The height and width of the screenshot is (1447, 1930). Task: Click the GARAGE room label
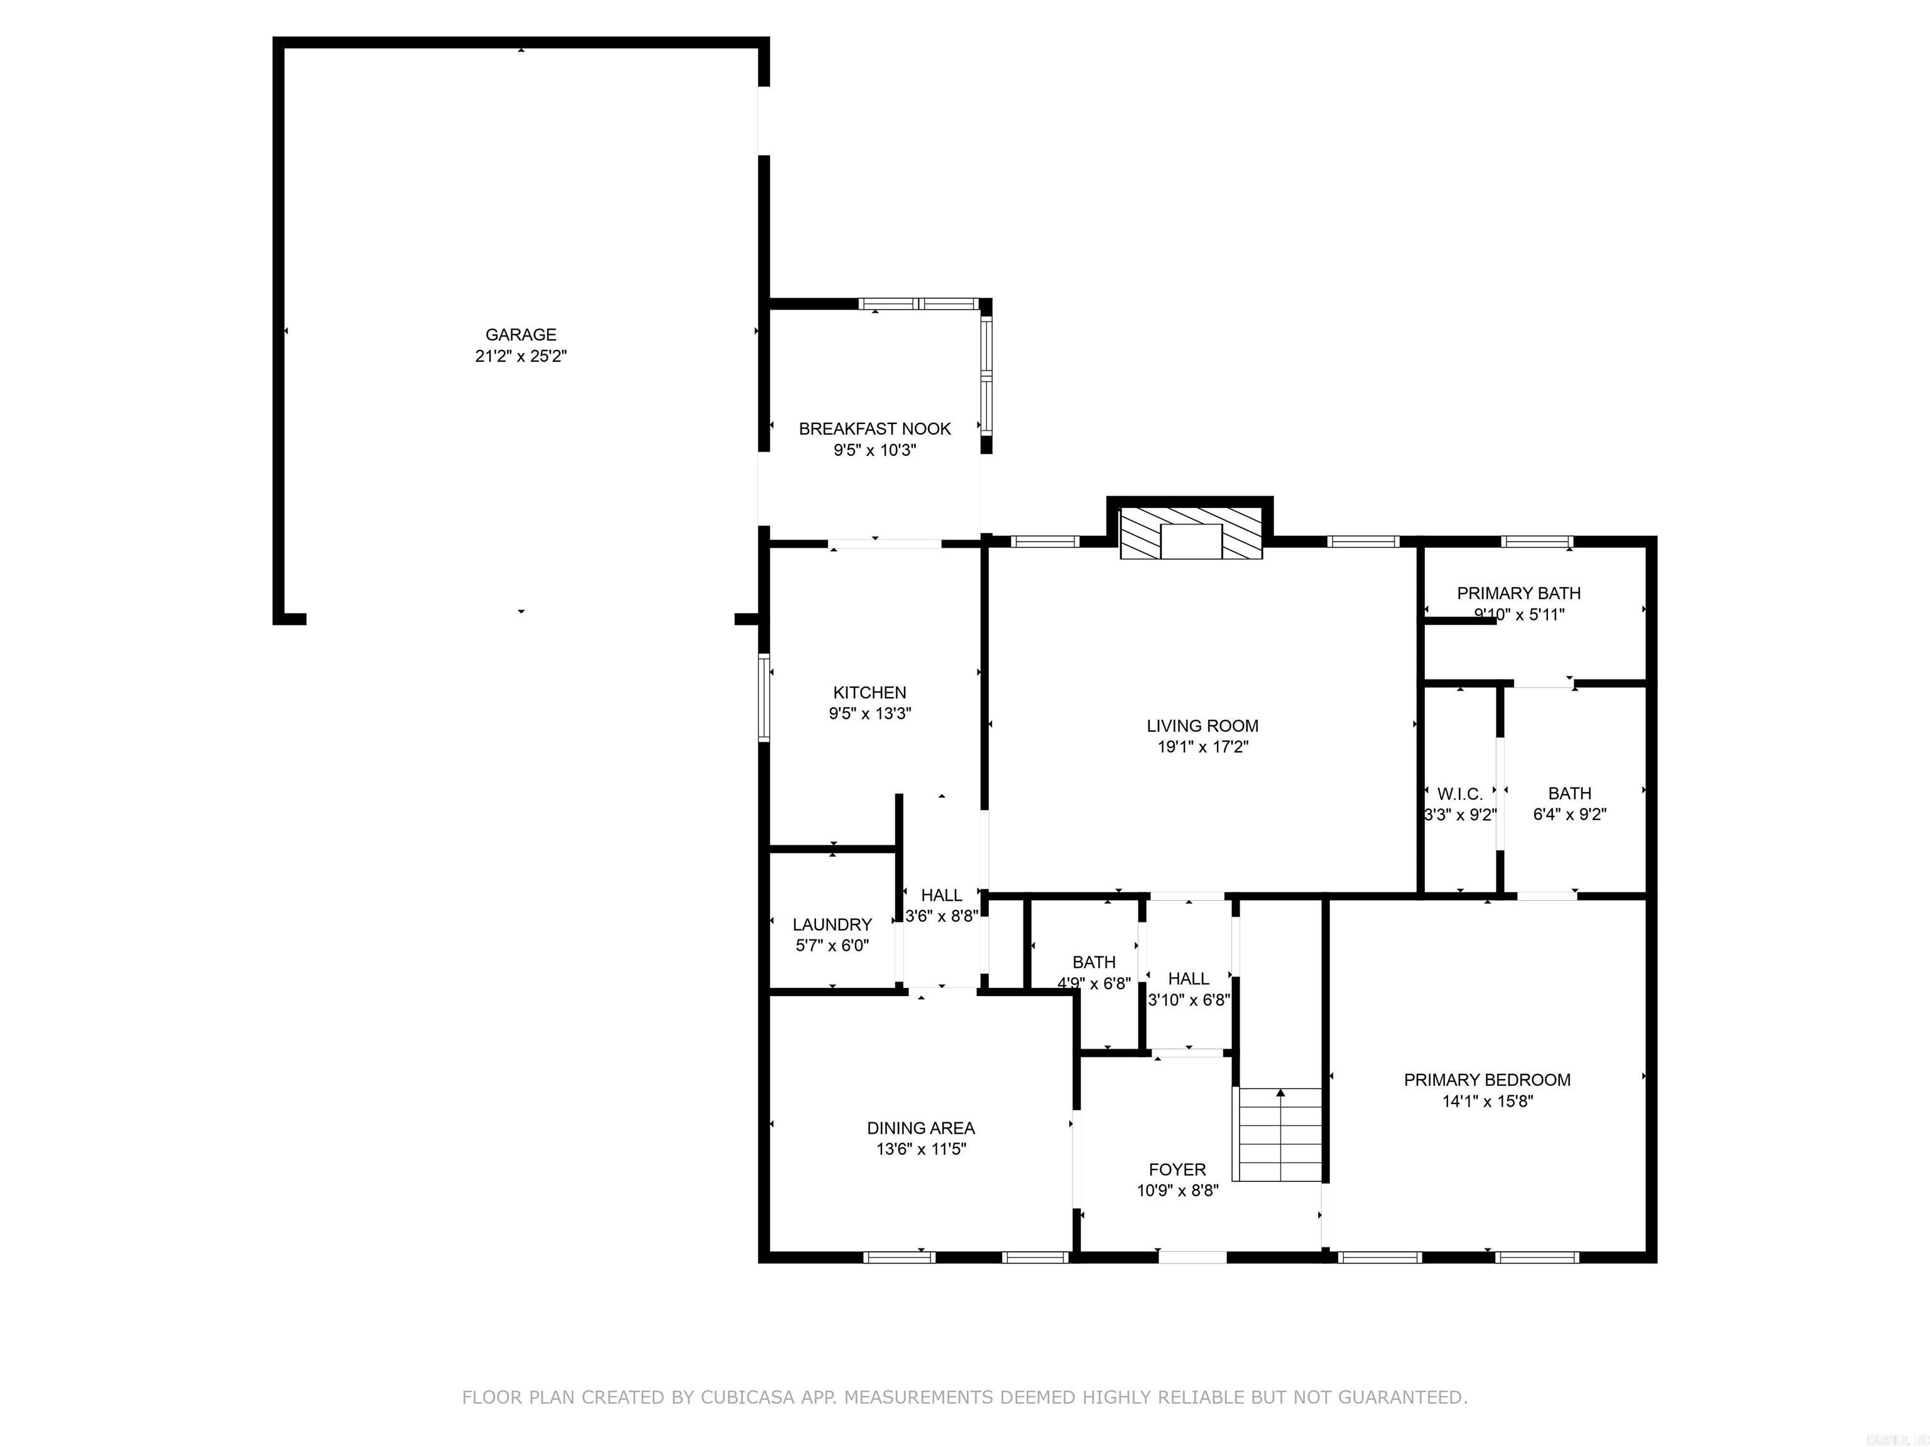tap(521, 334)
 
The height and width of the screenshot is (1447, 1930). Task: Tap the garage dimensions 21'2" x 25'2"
tap(521, 356)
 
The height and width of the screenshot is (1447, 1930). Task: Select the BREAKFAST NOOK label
tap(875, 428)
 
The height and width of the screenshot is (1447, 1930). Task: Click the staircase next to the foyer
tap(1280, 1134)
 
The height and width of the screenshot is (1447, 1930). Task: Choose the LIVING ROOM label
tap(1202, 725)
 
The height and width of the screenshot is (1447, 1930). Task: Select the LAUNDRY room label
tap(832, 924)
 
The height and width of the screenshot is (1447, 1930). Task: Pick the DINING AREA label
tap(920, 1128)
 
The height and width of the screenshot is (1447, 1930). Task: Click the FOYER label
tap(1177, 1169)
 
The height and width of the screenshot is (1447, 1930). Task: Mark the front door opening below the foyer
tap(1192, 1257)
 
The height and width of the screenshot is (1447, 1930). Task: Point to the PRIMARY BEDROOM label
tap(1486, 1080)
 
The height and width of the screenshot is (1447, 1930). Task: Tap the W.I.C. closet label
tap(1459, 794)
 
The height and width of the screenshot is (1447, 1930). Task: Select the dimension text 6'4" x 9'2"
tap(1569, 815)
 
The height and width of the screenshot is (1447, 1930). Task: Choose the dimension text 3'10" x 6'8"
tap(1189, 1000)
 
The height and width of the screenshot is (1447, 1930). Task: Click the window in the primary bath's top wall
tap(1537, 541)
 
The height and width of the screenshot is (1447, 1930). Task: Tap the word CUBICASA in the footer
tap(747, 1397)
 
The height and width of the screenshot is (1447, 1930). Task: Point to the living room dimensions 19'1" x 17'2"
tap(1202, 747)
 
